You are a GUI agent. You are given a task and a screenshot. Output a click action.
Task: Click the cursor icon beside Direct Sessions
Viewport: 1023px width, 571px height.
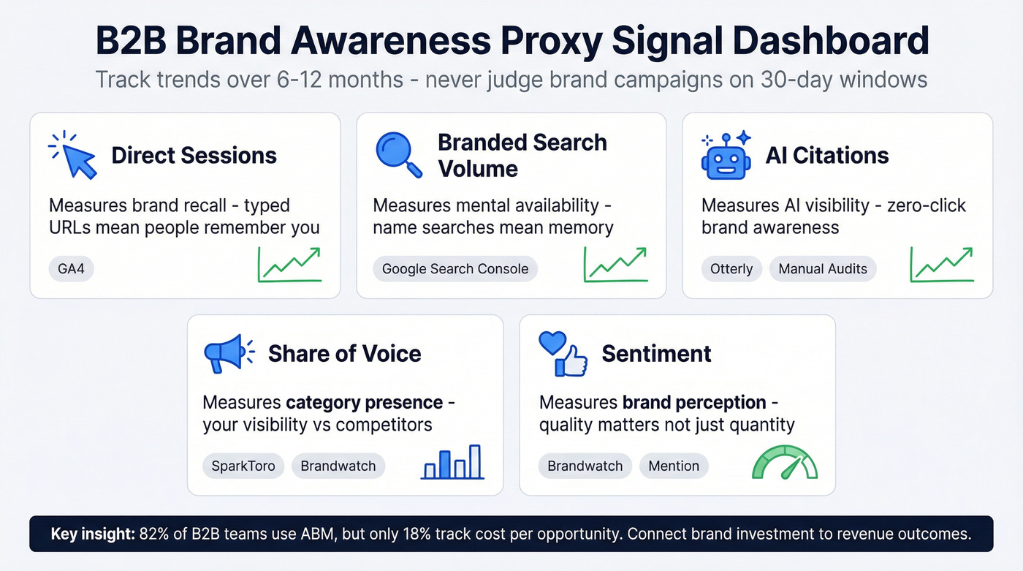coord(74,155)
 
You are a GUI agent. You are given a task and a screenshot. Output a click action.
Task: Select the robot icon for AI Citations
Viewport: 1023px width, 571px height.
coord(725,155)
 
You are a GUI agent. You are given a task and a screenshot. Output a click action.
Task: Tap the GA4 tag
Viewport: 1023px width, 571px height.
coord(72,269)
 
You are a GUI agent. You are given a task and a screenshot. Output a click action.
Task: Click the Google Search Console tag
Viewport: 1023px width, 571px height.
coord(455,269)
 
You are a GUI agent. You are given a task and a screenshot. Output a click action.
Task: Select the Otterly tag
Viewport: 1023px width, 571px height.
coord(731,269)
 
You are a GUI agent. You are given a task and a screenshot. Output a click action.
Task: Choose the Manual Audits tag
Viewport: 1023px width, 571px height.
coord(822,269)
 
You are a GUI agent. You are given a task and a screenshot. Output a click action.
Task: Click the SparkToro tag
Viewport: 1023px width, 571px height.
coord(243,466)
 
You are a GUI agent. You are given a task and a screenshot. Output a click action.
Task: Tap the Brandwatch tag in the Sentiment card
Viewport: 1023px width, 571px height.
coord(585,466)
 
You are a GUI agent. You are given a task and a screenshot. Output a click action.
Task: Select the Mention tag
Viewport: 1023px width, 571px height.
coord(673,466)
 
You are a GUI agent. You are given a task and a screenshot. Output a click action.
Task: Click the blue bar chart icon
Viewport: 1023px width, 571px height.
coord(452,462)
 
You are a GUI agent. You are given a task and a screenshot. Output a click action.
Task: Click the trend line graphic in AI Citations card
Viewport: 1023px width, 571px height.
coord(941,265)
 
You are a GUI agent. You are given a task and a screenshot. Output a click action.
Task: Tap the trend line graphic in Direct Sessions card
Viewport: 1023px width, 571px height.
coord(289,265)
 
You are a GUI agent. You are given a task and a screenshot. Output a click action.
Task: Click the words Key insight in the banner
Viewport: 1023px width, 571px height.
coord(92,534)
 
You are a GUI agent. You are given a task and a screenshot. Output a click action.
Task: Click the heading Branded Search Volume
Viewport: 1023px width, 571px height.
coord(522,155)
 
